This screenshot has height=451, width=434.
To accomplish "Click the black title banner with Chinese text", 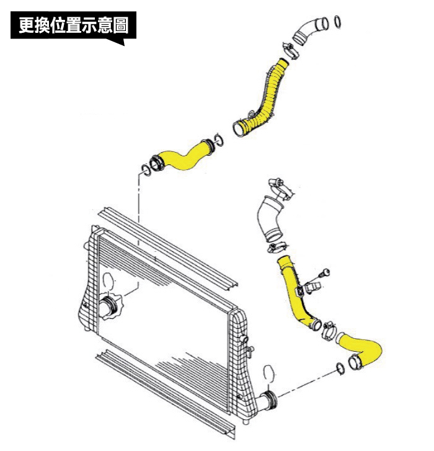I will click(72, 26).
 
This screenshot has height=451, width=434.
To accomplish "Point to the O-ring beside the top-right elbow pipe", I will click(337, 22).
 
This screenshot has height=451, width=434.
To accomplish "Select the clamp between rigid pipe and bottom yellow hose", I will click(329, 329).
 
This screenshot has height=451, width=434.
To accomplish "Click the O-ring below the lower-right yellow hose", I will click(340, 368).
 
